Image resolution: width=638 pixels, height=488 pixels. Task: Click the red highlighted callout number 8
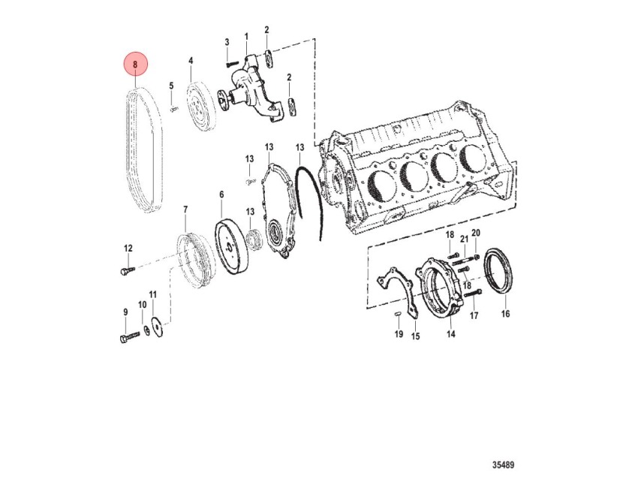pos(135,65)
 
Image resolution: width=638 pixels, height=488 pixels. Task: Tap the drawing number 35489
pos(503,465)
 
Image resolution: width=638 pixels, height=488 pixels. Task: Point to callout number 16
pos(505,313)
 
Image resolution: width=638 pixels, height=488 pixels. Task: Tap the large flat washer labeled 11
pos(156,327)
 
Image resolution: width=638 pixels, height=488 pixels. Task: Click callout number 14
pos(451,334)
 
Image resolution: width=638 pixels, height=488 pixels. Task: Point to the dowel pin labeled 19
pos(399,313)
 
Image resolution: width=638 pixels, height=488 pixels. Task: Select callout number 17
pos(474,315)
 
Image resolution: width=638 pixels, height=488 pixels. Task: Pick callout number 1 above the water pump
pos(246,37)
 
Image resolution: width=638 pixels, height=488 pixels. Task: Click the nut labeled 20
pos(477,256)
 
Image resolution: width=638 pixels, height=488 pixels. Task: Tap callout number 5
pos(171,86)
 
